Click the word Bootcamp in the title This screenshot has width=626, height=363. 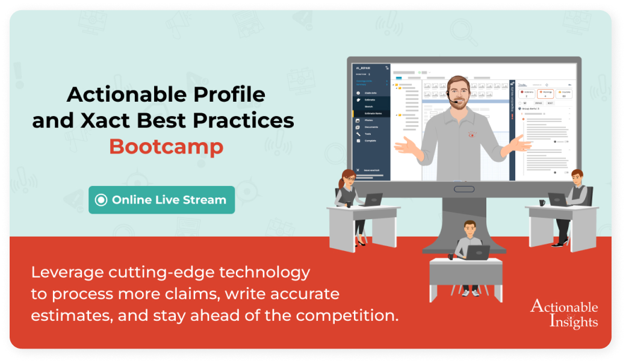166,146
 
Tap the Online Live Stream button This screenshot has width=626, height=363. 161,200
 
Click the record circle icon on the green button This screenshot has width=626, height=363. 101,200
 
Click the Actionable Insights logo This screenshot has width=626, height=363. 563,313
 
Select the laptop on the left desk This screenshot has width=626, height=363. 371,199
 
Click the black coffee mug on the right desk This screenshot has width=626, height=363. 542,203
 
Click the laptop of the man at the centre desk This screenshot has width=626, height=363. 478,252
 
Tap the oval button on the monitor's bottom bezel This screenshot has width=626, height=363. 463,189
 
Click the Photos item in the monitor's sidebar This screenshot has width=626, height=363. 369,120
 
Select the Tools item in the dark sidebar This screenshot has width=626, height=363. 368,134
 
